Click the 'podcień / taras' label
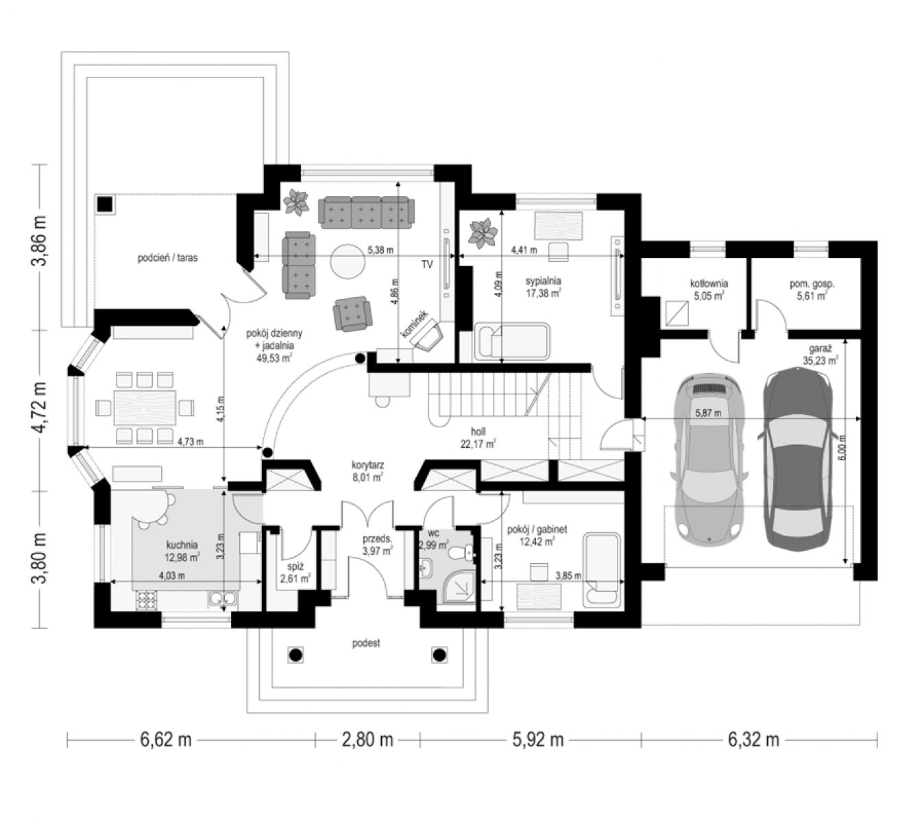(x=167, y=258)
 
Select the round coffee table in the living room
(x=348, y=261)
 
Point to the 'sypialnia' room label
(x=543, y=281)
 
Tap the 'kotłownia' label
(x=709, y=284)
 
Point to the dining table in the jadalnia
(x=145, y=407)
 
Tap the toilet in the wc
(x=463, y=553)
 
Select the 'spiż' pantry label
(x=295, y=566)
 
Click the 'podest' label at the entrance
(x=366, y=643)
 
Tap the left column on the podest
(x=295, y=655)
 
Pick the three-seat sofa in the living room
(x=366, y=212)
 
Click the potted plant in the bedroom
(x=483, y=234)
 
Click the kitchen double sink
(x=223, y=599)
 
